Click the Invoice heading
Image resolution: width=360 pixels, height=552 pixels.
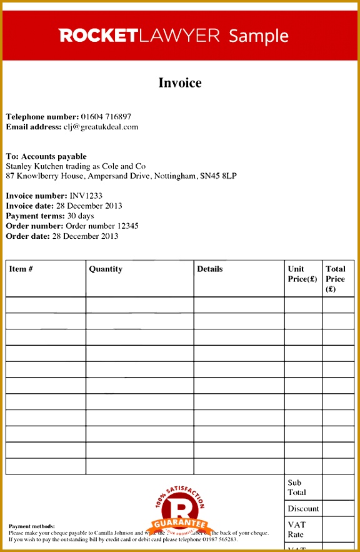[x=180, y=83]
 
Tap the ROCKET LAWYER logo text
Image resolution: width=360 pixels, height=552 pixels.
[x=139, y=36]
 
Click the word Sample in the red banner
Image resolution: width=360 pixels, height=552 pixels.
[x=259, y=36]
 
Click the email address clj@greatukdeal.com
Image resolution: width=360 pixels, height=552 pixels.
[x=101, y=127]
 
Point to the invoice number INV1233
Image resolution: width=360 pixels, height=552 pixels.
[x=86, y=196]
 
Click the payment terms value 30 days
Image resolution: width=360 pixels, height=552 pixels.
[x=81, y=216]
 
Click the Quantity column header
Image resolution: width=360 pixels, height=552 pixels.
[x=106, y=269]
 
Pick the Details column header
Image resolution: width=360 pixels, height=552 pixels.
[x=210, y=269]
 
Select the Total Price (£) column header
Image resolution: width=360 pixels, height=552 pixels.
[x=336, y=279]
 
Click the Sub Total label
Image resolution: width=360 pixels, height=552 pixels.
[x=297, y=488]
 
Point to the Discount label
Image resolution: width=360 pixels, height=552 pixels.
[x=303, y=509]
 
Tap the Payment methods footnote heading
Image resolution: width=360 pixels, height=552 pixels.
[x=32, y=526]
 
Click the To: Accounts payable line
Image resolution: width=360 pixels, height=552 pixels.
[x=46, y=156]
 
